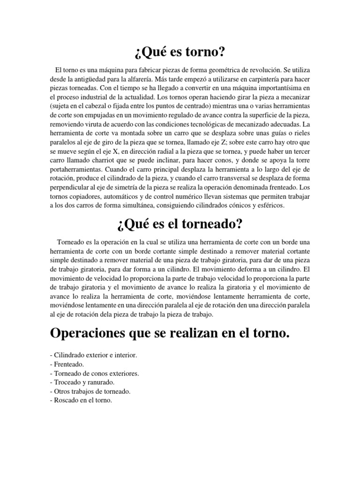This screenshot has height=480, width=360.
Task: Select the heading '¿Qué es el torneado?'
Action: [180, 224]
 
